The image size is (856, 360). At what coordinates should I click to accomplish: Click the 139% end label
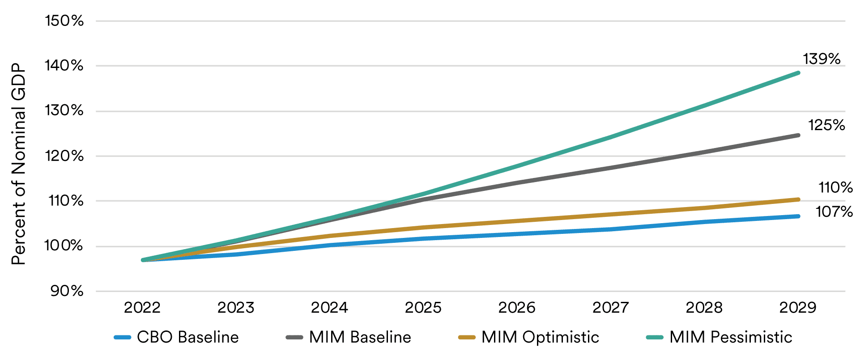tap(822, 59)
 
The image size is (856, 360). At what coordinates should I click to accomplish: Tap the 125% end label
tap(826, 125)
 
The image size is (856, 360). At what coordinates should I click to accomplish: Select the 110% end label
tap(835, 187)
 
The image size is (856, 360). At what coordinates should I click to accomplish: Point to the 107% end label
tap(834, 212)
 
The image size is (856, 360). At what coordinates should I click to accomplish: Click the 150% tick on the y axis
tap(64, 21)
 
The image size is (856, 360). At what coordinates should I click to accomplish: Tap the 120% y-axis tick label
tap(64, 156)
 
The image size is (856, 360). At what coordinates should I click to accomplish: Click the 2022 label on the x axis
tap(142, 308)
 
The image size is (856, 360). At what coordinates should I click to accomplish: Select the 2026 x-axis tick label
tap(517, 308)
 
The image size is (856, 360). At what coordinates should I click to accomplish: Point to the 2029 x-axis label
tap(798, 308)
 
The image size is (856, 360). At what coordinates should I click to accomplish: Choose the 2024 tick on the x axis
tap(329, 308)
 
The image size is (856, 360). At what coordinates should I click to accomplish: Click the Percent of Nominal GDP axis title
tap(19, 164)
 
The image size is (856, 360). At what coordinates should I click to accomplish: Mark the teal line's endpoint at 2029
tap(798, 73)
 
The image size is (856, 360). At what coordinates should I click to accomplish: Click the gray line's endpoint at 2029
tap(798, 135)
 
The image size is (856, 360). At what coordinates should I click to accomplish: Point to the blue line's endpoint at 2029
tap(798, 216)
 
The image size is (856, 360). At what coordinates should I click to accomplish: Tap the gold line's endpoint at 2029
tap(798, 199)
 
